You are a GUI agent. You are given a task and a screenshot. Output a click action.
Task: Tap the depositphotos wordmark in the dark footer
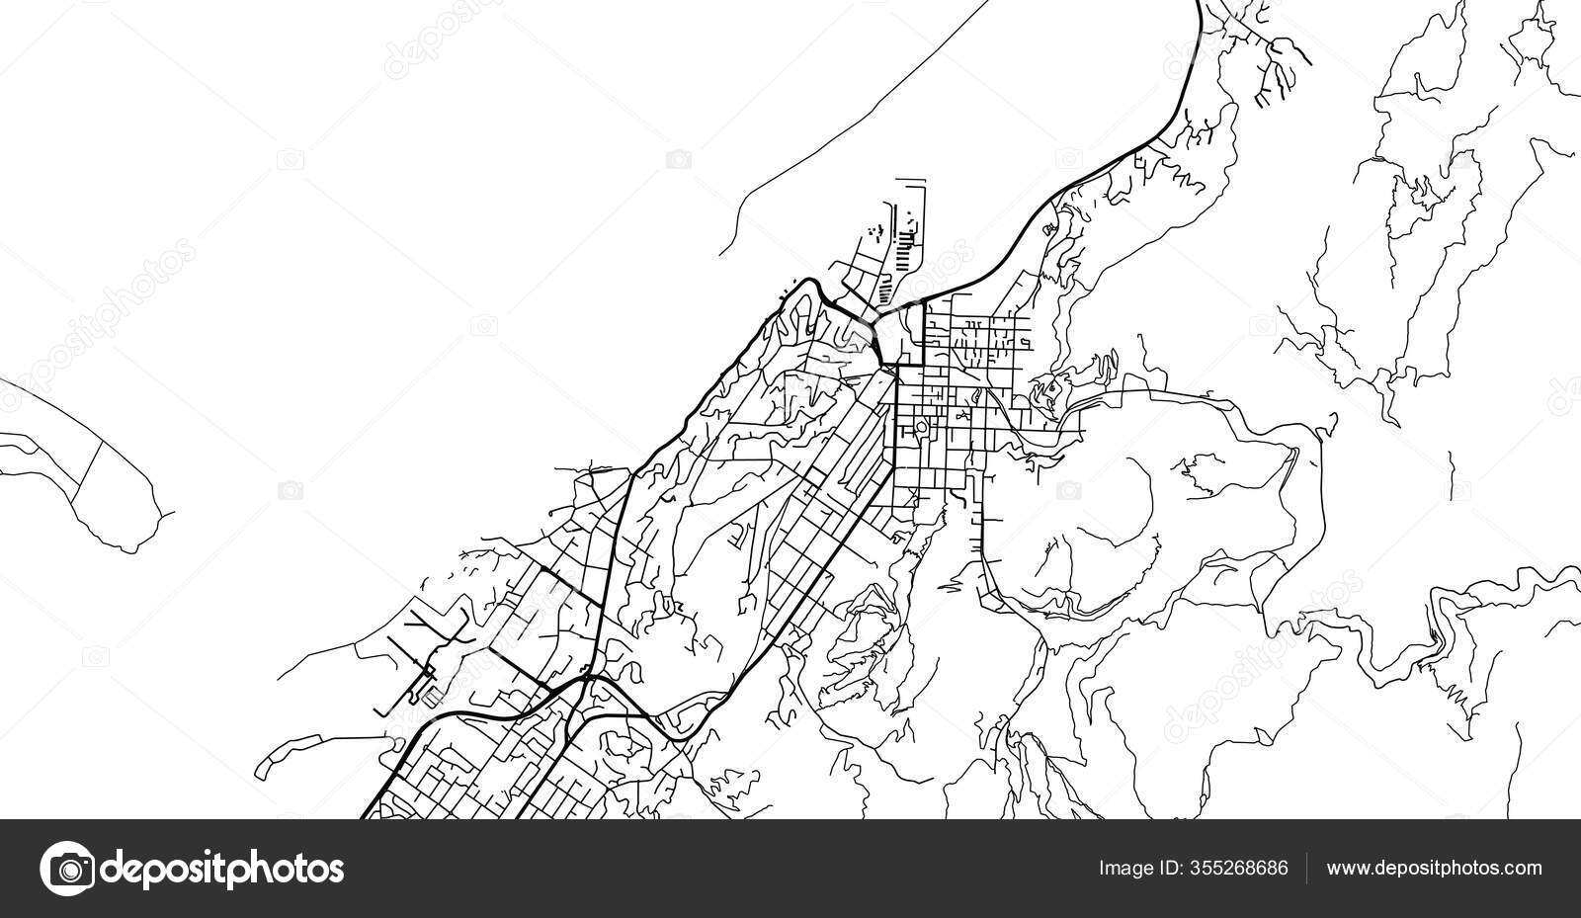(x=223, y=870)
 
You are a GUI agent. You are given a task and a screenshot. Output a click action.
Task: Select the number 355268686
(x=1239, y=869)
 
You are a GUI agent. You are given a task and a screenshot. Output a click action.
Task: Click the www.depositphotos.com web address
(x=1434, y=869)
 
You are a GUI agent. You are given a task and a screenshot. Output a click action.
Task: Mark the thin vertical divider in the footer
(x=1307, y=869)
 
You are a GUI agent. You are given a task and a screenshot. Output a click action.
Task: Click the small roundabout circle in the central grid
(x=921, y=428)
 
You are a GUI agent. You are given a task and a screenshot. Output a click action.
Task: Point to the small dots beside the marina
(x=872, y=231)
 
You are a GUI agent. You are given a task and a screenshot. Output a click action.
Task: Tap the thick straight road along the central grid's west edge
(x=895, y=425)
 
